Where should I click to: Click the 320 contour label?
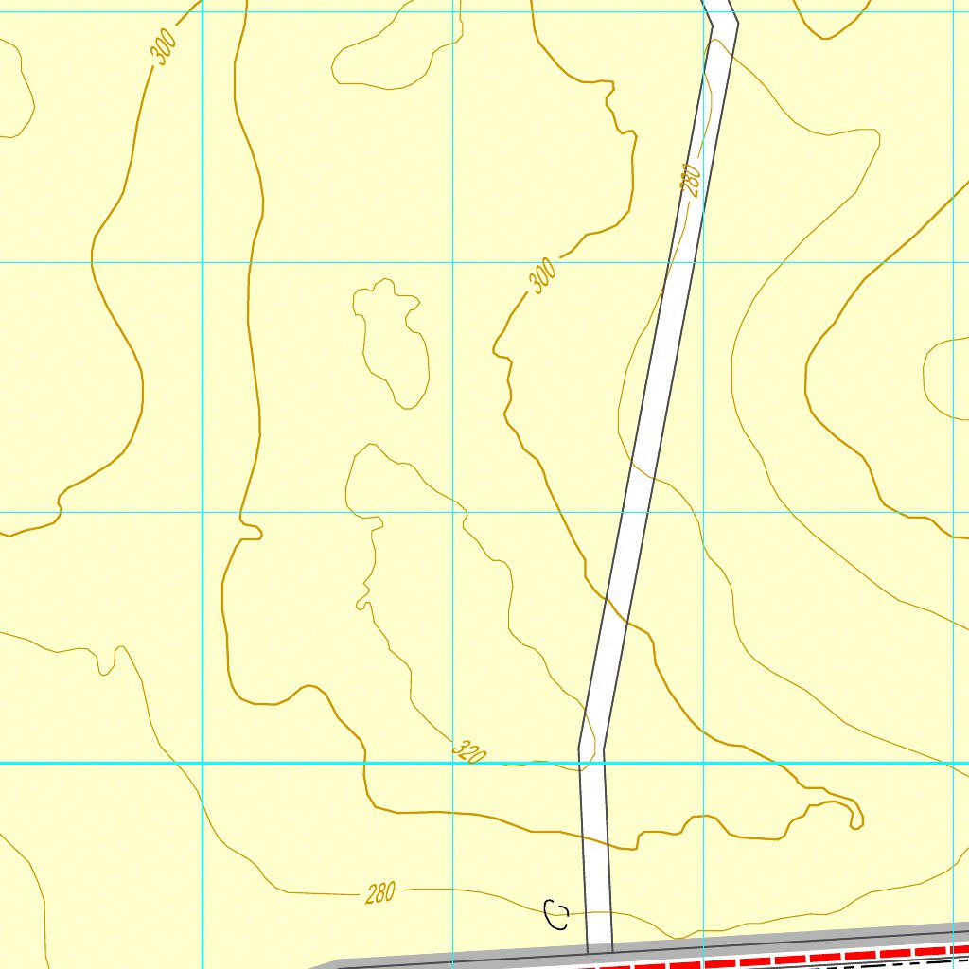click(469, 752)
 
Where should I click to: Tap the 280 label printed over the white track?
click(691, 180)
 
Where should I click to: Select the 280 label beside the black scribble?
click(380, 892)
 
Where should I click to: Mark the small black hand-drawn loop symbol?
click(556, 915)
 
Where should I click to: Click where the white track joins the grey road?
click(600, 948)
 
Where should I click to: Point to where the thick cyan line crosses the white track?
click(592, 763)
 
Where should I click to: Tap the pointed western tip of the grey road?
click(316, 966)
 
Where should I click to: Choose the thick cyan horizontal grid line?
click(284, 763)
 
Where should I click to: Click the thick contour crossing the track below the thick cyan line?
click(620, 848)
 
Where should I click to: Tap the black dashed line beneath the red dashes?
click(899, 965)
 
